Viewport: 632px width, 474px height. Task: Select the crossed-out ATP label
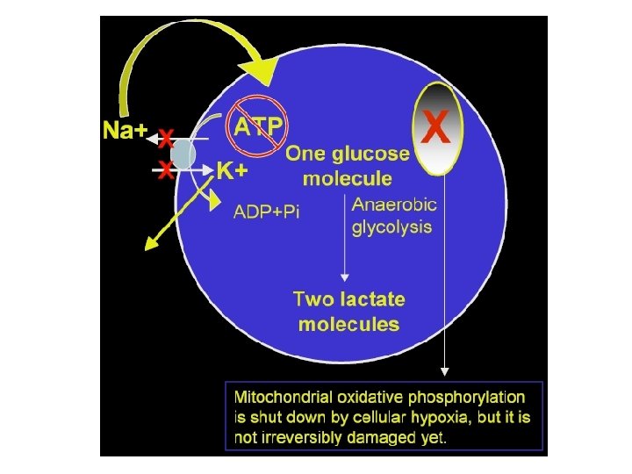[x=258, y=126]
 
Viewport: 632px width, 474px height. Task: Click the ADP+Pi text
[x=266, y=212]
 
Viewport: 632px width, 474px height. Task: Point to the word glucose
[x=370, y=154]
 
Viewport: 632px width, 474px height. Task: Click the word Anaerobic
[x=394, y=206]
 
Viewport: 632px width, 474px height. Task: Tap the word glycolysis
[x=391, y=227]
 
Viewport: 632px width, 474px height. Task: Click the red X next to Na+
[x=164, y=139]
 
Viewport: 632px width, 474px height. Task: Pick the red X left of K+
[x=164, y=171]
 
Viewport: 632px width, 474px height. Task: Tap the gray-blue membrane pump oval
[x=183, y=154]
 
